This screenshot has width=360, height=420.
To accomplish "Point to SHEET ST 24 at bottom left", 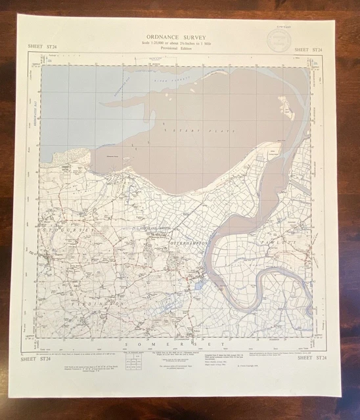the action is click(x=38, y=358).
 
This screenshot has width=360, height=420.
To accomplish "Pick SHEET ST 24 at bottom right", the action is click(x=311, y=358).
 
